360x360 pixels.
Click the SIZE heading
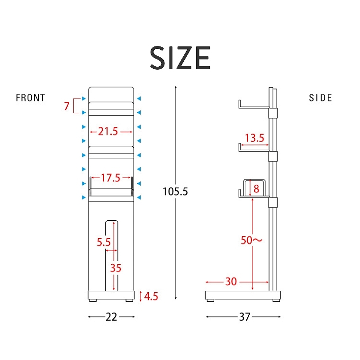(180, 57)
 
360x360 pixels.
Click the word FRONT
(30, 98)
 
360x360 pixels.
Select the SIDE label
(320, 98)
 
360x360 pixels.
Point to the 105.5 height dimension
(175, 191)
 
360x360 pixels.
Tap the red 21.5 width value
(108, 132)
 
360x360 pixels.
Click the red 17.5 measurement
(111, 178)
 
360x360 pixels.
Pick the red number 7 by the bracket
(67, 106)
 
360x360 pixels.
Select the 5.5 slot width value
(104, 242)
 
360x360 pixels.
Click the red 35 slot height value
(116, 268)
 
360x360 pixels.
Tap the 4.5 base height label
(151, 296)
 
